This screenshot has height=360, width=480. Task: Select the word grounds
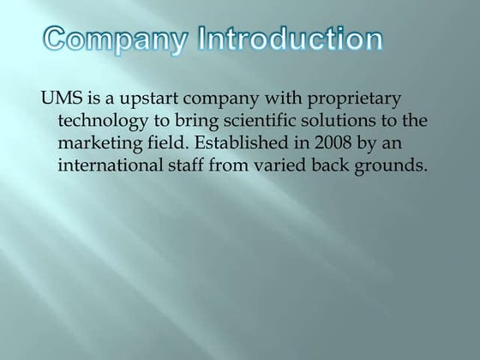392,164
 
